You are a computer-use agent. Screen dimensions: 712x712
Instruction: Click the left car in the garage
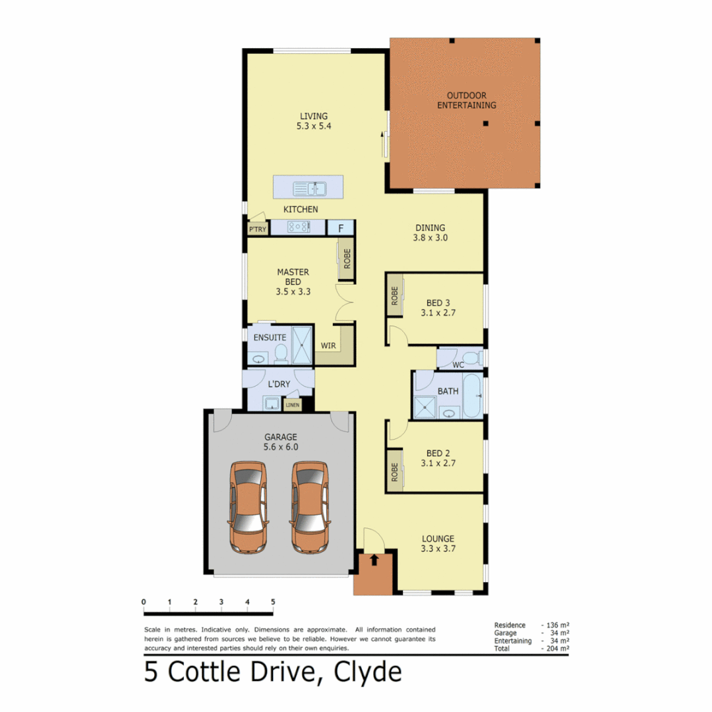pos(248,507)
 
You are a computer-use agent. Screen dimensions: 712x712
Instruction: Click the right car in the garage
pos(310,507)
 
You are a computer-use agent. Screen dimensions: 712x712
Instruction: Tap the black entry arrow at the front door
pos(374,560)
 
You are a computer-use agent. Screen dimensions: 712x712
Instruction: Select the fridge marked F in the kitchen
pos(341,228)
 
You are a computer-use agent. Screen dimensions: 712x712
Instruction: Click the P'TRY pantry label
pos(256,229)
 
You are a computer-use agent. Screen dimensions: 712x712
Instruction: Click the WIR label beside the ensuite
pos(328,345)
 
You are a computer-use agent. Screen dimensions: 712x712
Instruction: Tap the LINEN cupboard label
pos(292,404)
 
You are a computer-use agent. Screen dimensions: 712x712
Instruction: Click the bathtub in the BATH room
pos(472,396)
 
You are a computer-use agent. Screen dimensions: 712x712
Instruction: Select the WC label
pos(458,365)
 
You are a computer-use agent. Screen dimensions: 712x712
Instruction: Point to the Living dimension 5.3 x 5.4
pos(312,125)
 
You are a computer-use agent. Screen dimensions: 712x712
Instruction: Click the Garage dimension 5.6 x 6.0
pos(282,446)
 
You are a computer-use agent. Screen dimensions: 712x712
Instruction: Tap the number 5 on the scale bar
pos(272,602)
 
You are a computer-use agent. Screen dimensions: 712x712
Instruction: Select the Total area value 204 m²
pos(556,649)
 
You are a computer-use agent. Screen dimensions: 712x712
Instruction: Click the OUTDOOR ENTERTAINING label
pos(467,100)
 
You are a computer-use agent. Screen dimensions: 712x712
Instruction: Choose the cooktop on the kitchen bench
pos(298,227)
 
